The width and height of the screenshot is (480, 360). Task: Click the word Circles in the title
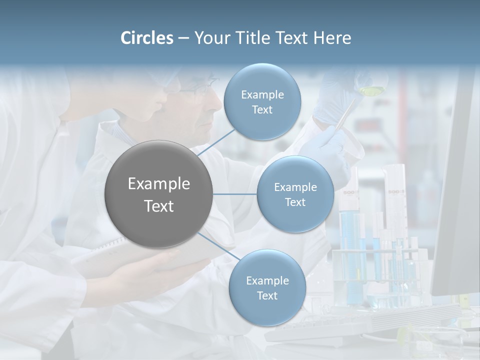tap(147, 38)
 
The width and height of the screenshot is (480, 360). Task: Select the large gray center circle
tap(158, 194)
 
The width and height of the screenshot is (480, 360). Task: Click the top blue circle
tap(262, 102)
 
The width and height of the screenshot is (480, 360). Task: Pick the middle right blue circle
tap(295, 194)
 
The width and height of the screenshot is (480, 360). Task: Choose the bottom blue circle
tap(267, 288)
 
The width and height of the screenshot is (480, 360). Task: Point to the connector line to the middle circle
tap(234, 194)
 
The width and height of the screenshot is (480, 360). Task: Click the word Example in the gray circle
tap(158, 184)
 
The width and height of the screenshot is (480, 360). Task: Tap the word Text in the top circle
tap(262, 110)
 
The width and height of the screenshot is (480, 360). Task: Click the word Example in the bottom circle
tap(267, 280)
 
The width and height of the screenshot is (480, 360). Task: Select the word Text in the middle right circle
tap(295, 202)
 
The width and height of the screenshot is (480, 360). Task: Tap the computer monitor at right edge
tap(457, 200)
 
